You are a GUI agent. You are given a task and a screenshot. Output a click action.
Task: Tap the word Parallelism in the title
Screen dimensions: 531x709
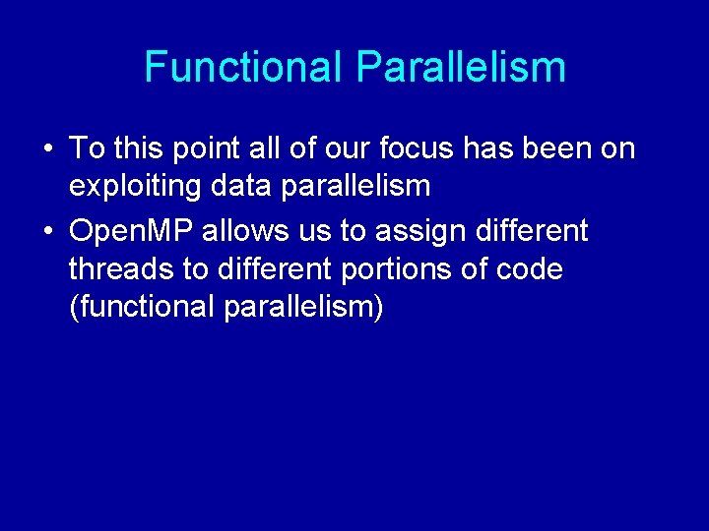(461, 67)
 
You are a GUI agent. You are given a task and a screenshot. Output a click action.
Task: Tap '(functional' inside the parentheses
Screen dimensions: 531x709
(142, 307)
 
